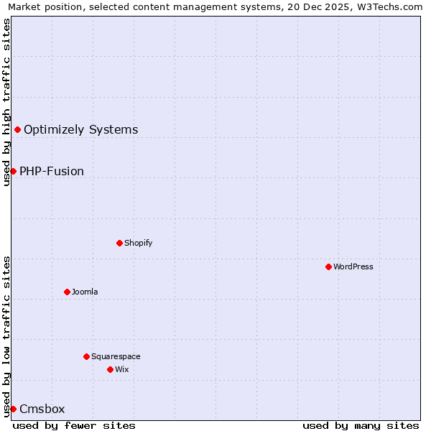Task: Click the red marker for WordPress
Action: pos(328,267)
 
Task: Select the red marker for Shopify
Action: pos(119,243)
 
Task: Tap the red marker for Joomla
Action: pos(67,292)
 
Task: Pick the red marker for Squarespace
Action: pos(86,356)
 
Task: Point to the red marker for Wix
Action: pos(110,369)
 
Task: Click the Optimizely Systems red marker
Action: pos(17,129)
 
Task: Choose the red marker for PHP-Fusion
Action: pos(13,171)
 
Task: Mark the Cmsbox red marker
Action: pos(13,409)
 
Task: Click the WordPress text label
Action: pos(353,267)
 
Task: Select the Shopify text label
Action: pos(139,243)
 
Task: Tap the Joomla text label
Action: pos(85,292)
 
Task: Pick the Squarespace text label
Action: pos(116,356)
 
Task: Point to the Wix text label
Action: pos(122,369)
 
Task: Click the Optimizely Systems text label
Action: pos(81,130)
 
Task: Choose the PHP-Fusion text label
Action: pos(52,172)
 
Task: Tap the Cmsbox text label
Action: pos(42,409)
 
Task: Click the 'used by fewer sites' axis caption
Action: pos(74,425)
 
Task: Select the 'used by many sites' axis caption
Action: pos(361,425)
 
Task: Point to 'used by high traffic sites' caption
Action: pos(6,102)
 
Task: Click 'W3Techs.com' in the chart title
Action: pos(391,7)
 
